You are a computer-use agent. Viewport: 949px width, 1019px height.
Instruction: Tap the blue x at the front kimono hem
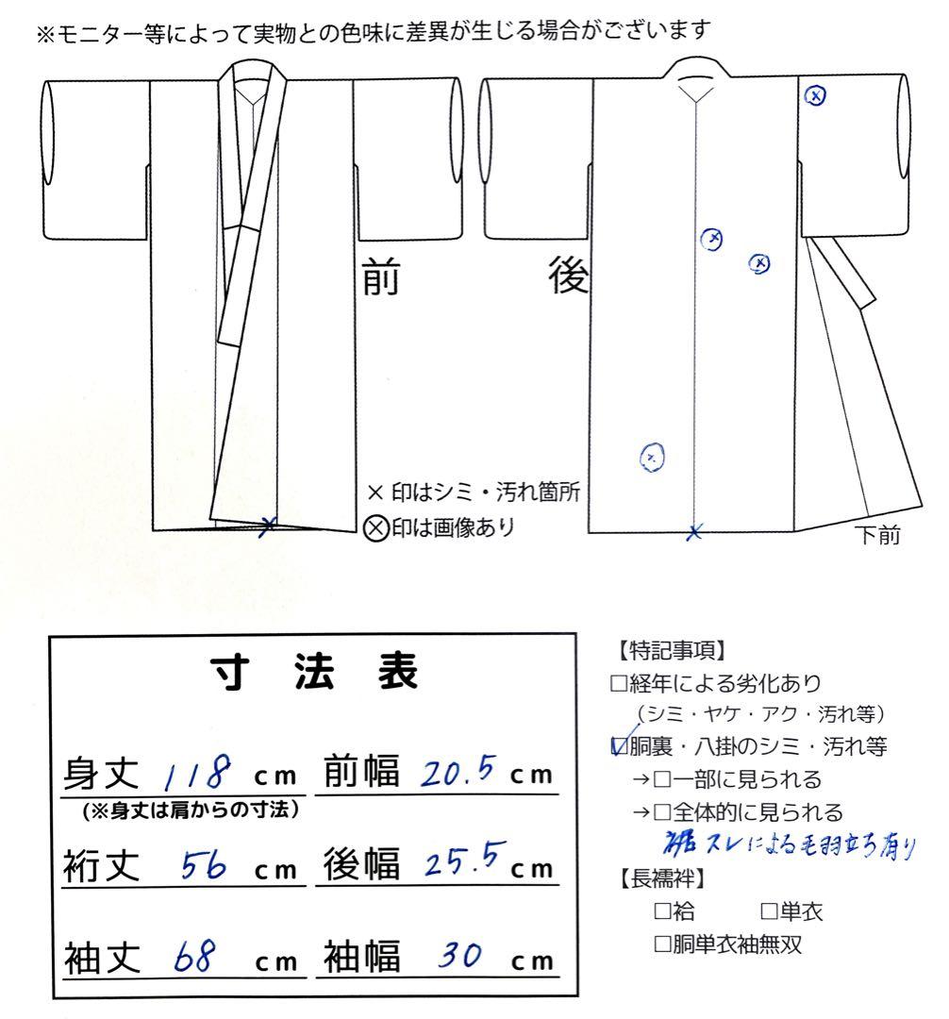click(269, 525)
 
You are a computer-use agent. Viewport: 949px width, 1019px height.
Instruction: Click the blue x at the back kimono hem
click(695, 532)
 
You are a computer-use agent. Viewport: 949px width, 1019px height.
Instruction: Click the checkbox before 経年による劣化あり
click(619, 684)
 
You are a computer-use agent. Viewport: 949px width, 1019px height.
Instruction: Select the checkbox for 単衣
click(768, 911)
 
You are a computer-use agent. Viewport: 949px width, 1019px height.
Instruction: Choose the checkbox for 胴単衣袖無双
click(662, 944)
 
